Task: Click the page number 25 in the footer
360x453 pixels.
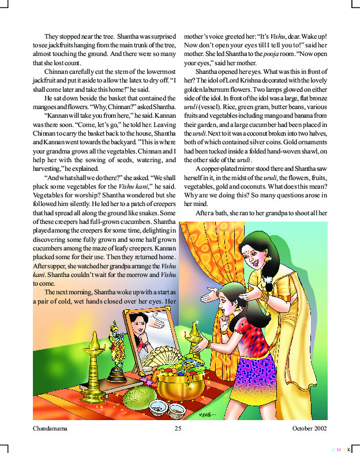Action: pos(178,429)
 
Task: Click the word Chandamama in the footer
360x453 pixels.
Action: pos(51,429)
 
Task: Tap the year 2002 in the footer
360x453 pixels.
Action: pos(318,429)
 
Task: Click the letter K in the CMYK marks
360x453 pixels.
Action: pos(349,448)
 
